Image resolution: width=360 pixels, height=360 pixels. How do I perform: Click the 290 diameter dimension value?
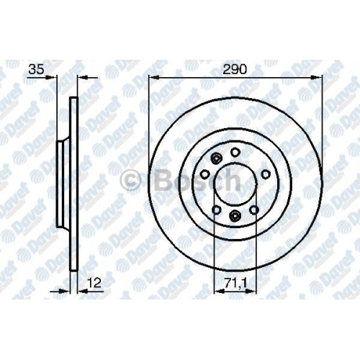click(x=235, y=70)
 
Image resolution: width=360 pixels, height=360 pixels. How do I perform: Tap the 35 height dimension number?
click(x=37, y=69)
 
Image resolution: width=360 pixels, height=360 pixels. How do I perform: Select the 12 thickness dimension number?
click(x=94, y=283)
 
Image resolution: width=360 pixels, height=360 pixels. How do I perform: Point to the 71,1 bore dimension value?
click(x=236, y=283)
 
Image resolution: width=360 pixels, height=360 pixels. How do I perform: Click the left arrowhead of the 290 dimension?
click(x=154, y=77)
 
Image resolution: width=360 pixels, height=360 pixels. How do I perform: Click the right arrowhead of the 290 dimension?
click(x=316, y=77)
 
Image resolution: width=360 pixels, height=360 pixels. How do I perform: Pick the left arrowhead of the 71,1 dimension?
click(x=219, y=292)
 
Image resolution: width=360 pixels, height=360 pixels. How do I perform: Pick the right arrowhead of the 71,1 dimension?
click(x=251, y=292)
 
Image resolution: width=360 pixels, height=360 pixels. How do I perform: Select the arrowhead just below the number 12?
click(x=83, y=292)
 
